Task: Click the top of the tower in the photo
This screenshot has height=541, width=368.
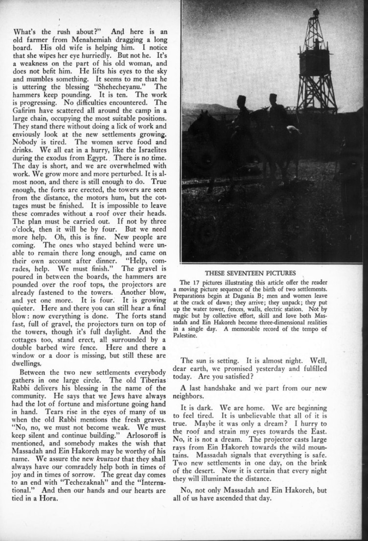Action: (x=316, y=11)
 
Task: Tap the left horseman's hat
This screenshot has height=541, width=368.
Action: (x=241, y=100)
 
